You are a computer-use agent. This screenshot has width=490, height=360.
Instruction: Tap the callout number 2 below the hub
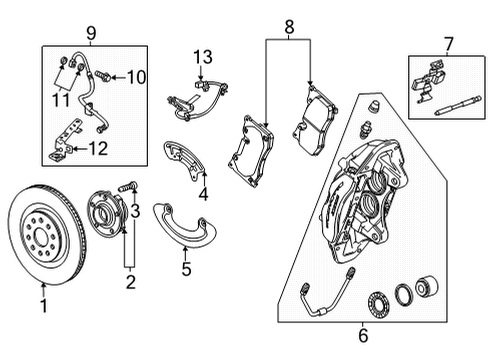click(x=128, y=283)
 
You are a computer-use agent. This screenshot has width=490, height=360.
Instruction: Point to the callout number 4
click(x=203, y=194)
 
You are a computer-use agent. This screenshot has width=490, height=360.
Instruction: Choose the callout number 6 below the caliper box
click(x=363, y=338)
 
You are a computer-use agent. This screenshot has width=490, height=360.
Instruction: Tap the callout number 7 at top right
click(x=448, y=44)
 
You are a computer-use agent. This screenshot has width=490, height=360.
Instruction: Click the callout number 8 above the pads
click(x=289, y=30)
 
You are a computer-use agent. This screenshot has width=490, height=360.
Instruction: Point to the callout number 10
click(x=136, y=77)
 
